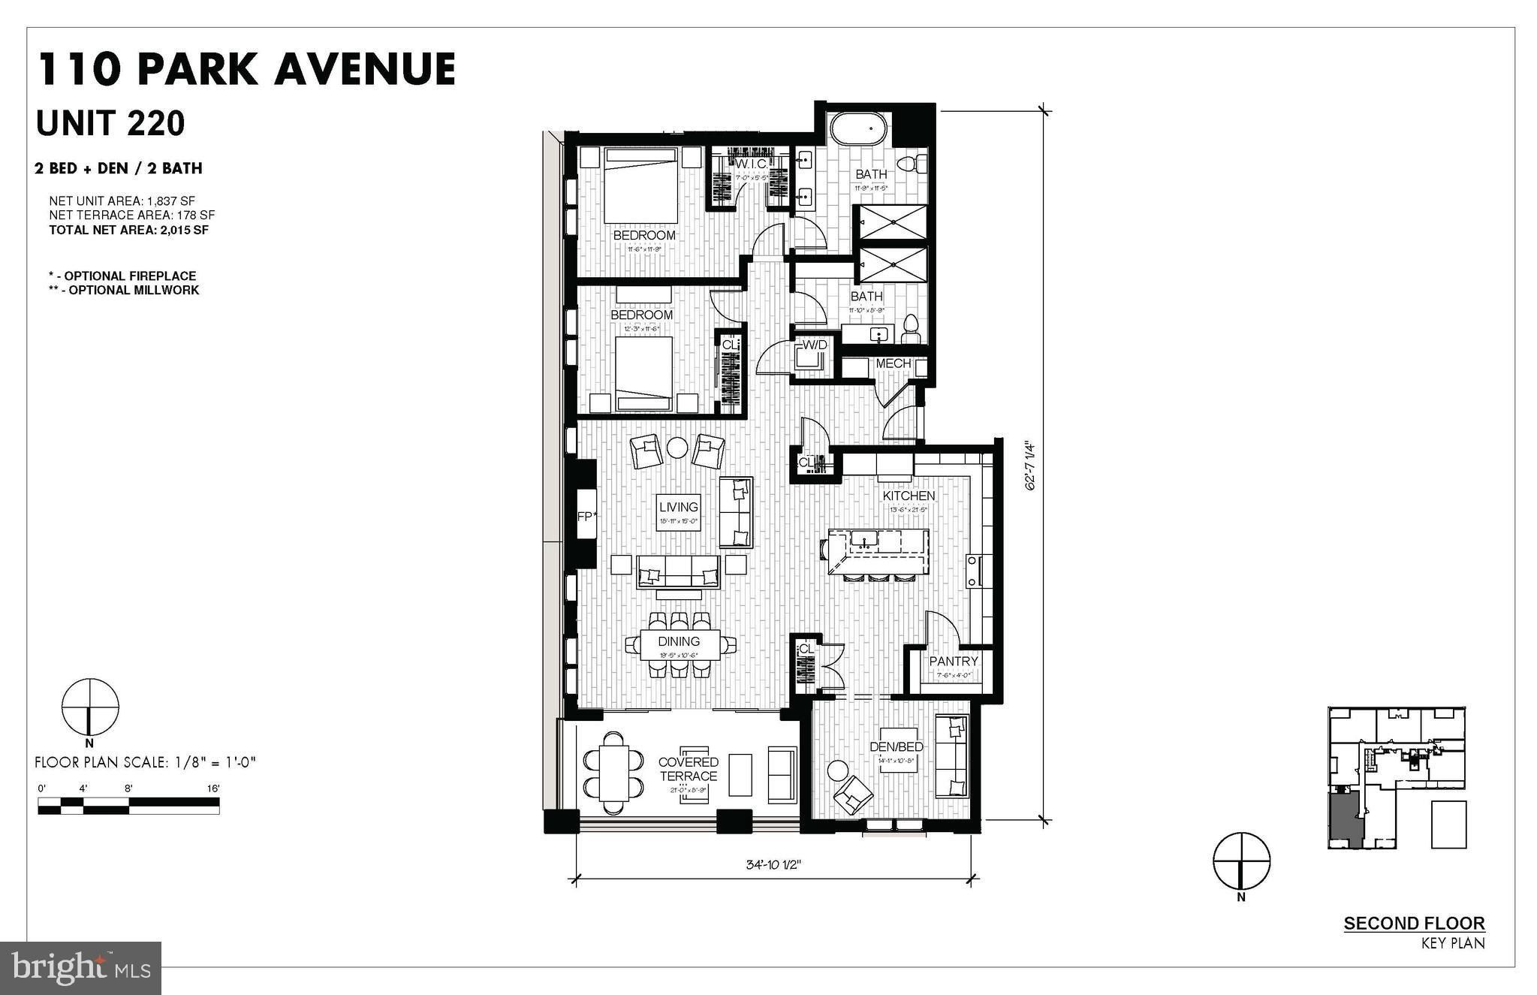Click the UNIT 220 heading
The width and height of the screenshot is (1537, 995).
pos(110,124)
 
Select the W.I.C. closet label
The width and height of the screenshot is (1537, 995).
pos(750,164)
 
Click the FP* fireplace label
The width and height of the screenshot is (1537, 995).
pos(586,517)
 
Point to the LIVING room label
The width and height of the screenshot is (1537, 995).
pos(679,508)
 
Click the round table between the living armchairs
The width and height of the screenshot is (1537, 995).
pos(677,448)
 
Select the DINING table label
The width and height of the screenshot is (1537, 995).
pos(679,641)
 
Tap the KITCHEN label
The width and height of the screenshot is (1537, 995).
pos(909,496)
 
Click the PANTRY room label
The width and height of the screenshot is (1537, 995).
pos(954,661)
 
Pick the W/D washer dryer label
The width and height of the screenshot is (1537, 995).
pos(815,345)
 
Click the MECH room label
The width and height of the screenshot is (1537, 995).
pos(893,363)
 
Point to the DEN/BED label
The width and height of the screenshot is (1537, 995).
pos(896,746)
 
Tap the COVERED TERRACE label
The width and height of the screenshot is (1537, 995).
pos(688,769)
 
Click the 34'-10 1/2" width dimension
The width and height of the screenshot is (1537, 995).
pos(774,864)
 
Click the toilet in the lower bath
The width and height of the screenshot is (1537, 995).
pos(911,326)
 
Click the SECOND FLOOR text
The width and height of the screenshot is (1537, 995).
pos(1414,924)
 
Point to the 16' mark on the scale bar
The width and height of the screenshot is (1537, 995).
pos(214,788)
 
